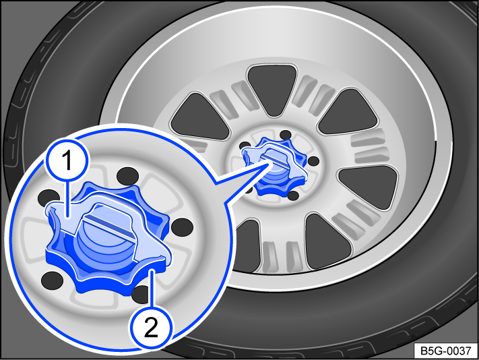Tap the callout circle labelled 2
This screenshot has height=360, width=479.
[153, 329]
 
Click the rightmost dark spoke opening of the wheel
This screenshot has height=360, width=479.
[368, 183]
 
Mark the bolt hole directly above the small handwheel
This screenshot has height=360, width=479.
[285, 135]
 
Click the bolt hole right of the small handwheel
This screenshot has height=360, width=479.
[312, 161]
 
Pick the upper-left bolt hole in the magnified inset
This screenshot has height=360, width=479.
[47, 197]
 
